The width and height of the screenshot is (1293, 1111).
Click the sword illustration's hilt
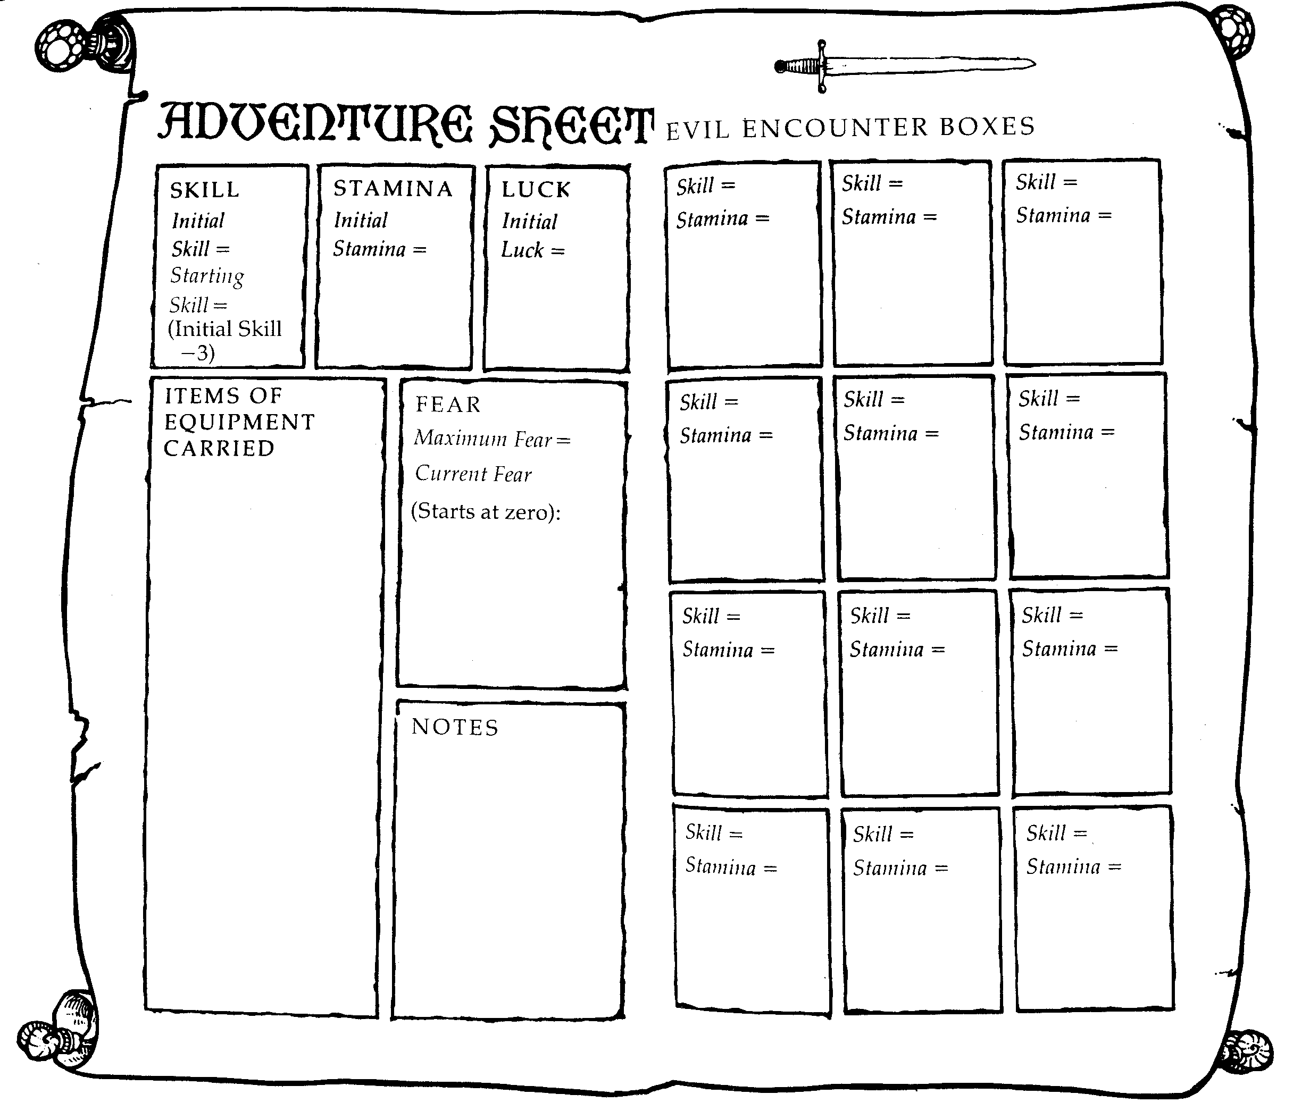click(x=805, y=66)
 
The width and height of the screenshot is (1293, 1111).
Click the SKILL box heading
click(x=205, y=190)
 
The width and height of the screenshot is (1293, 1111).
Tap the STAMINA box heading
click(x=393, y=188)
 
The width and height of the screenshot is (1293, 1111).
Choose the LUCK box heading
click(x=536, y=190)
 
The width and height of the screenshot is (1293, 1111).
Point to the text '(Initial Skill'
click(x=224, y=329)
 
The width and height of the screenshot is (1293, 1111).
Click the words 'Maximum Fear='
click(x=493, y=439)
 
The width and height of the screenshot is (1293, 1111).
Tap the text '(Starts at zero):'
click(x=486, y=511)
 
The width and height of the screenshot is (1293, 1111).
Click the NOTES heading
click(x=455, y=727)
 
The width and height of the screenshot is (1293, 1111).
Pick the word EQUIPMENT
click(x=240, y=422)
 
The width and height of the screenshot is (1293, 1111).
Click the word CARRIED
click(x=219, y=449)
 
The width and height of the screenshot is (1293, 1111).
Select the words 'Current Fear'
click(x=473, y=474)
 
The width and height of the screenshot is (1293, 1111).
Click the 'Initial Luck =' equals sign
click(x=558, y=251)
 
